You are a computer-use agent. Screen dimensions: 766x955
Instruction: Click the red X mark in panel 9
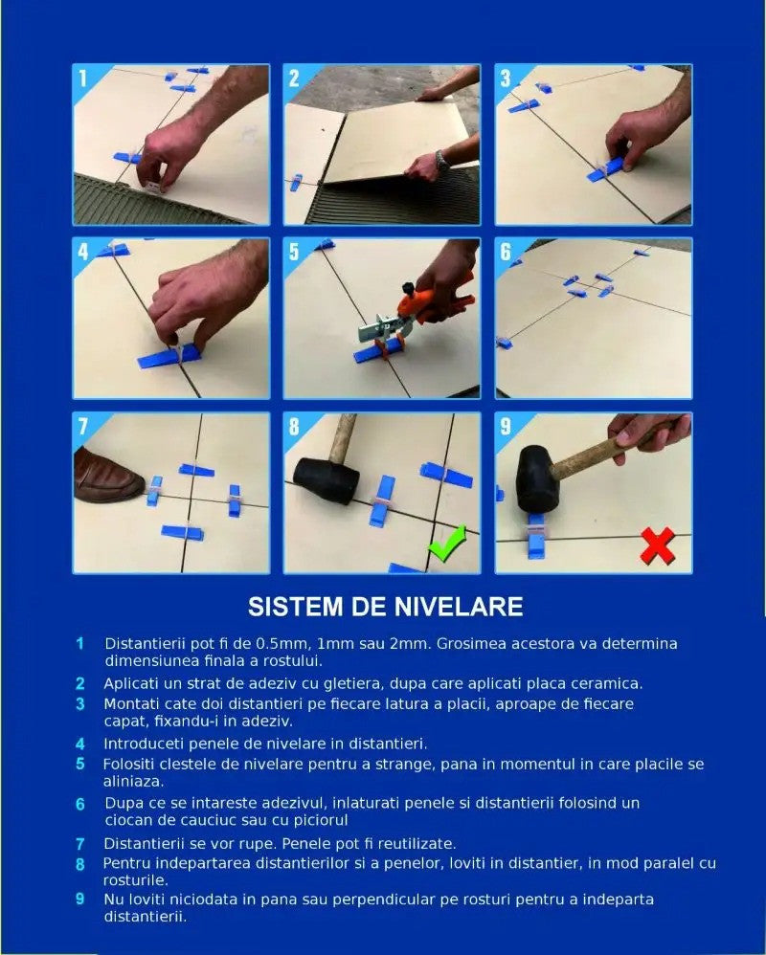pyautogui.click(x=658, y=545)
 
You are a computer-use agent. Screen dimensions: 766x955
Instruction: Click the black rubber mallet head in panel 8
pyautogui.click(x=327, y=480)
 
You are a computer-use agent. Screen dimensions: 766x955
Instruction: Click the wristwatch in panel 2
pyautogui.click(x=442, y=161)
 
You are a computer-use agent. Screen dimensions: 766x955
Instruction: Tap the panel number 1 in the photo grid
pyautogui.click(x=83, y=78)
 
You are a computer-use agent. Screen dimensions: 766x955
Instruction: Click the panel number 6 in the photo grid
pyautogui.click(x=506, y=253)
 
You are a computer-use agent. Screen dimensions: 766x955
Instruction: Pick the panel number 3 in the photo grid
pyautogui.click(x=506, y=78)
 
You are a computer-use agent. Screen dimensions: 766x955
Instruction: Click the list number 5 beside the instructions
pyautogui.click(x=80, y=764)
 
